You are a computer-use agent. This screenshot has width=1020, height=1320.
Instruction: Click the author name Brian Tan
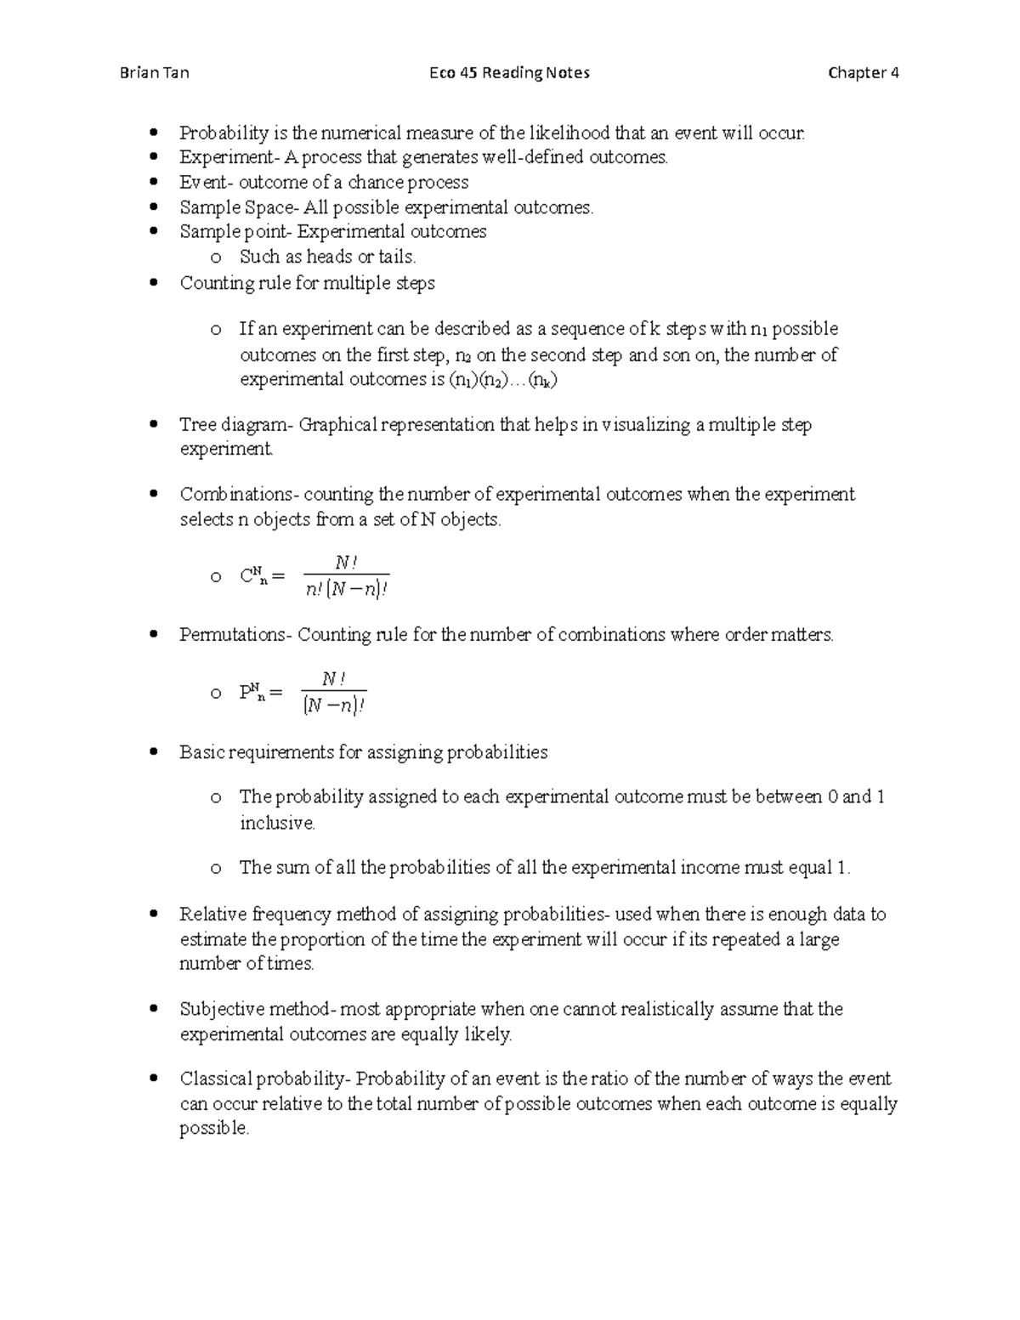(154, 73)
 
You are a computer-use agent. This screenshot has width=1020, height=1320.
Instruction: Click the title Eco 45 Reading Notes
(509, 73)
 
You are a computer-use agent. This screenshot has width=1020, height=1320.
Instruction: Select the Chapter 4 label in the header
(863, 73)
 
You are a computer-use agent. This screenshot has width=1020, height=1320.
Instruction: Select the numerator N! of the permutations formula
(333, 678)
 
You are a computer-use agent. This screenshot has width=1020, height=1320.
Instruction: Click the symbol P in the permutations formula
(246, 693)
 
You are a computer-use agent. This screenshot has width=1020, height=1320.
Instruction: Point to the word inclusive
(277, 823)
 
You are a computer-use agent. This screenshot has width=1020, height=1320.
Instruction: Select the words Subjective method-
(258, 1010)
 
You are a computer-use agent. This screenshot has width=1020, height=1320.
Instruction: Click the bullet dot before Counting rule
(153, 283)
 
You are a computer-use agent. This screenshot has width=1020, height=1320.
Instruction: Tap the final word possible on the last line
(213, 1129)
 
